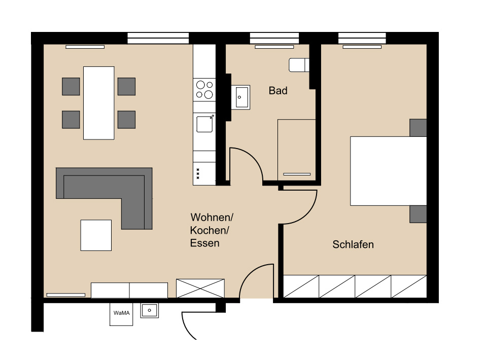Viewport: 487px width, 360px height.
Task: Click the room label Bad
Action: [x=278, y=91]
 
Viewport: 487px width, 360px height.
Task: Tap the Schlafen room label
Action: [x=353, y=244]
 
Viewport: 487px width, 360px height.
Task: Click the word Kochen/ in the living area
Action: [x=210, y=230]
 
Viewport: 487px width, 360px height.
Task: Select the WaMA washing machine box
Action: [x=121, y=314]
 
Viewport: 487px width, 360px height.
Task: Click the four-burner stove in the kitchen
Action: [x=204, y=90]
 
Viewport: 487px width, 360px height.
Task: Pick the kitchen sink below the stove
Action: [x=204, y=124]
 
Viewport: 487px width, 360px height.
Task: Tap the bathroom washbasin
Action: [x=240, y=97]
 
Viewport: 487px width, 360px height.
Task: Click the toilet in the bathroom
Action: [x=299, y=65]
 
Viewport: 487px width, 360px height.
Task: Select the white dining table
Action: [x=99, y=103]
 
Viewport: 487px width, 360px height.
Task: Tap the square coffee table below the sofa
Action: [x=96, y=235]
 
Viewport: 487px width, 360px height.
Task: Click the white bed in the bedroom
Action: [x=388, y=171]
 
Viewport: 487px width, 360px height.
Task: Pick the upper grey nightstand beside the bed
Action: [x=418, y=128]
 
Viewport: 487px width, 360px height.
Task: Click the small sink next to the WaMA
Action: [x=149, y=310]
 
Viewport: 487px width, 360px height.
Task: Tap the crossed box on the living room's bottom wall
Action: [x=200, y=289]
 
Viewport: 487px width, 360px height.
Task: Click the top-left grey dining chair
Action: [x=71, y=86]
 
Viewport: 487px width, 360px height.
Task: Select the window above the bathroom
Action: [x=274, y=38]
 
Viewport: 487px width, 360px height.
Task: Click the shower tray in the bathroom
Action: [x=297, y=150]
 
